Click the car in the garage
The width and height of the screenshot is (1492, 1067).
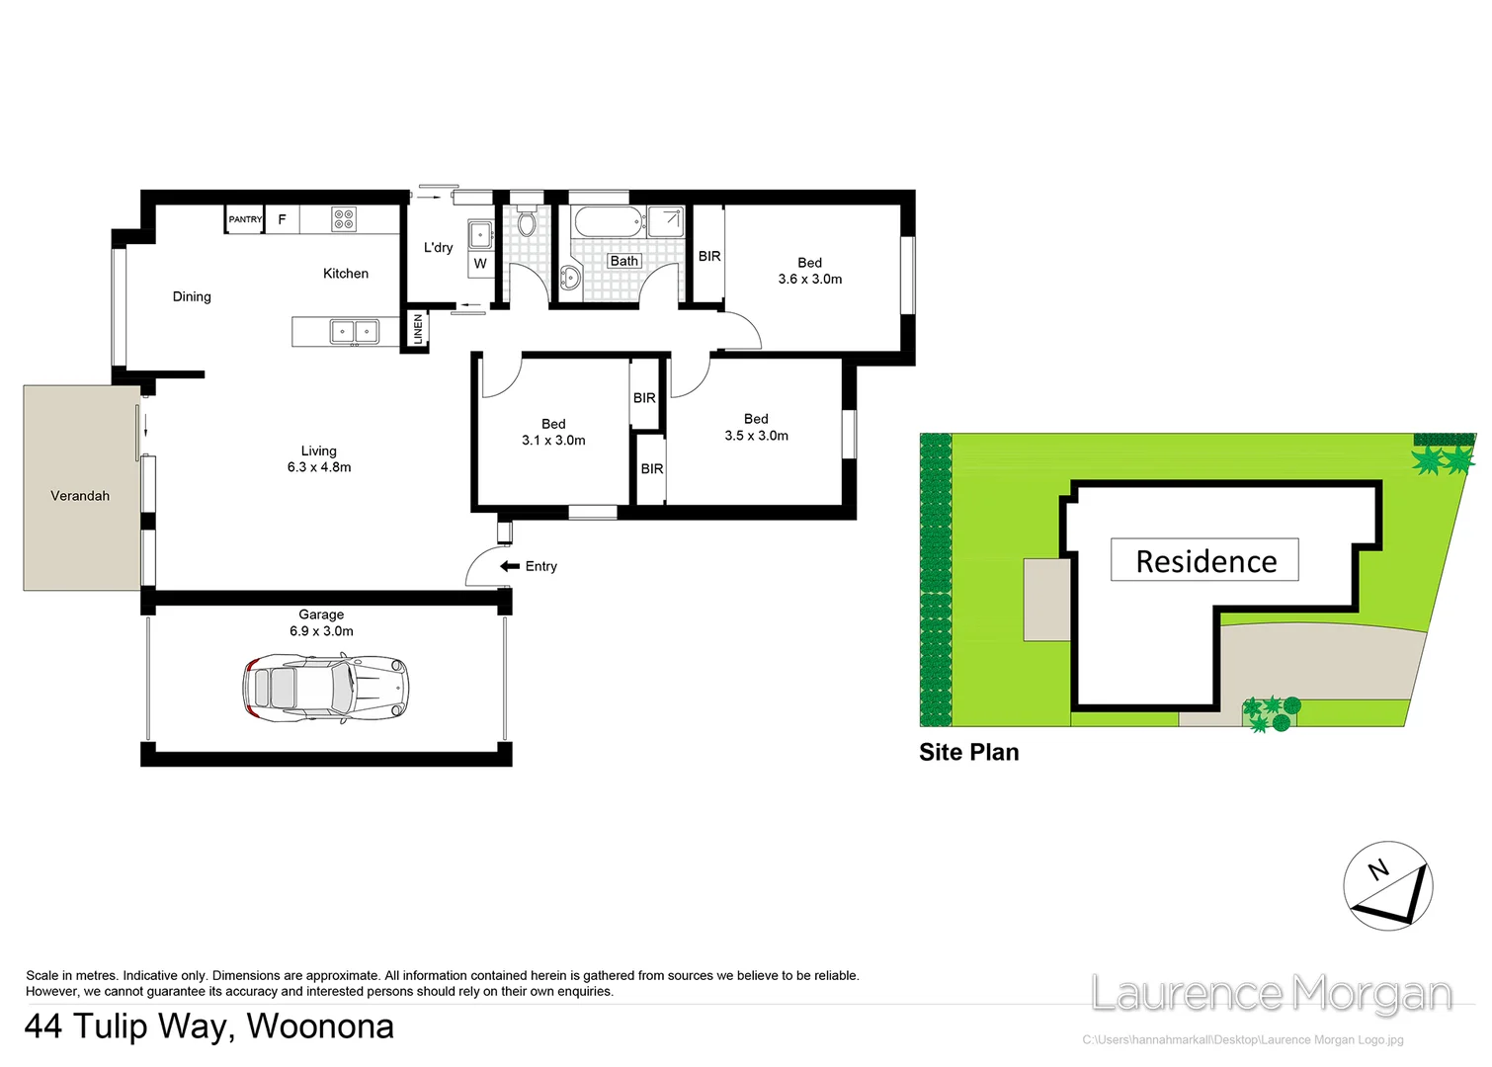326,687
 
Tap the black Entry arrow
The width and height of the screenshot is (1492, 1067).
510,566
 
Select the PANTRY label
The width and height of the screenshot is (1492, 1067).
245,219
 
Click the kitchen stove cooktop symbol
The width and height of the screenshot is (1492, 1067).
343,218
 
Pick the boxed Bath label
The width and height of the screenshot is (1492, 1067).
623,261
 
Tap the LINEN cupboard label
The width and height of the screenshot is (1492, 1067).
418,329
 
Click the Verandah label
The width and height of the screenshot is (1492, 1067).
80,496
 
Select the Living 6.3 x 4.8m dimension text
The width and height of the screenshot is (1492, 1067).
319,459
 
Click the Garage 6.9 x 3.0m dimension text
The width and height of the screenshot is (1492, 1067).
321,622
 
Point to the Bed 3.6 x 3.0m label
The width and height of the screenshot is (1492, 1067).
809,271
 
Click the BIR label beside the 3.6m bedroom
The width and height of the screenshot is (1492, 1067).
709,256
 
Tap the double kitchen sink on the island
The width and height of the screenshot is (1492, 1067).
354,331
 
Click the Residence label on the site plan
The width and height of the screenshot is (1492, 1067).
1204,561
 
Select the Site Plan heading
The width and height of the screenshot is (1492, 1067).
968,752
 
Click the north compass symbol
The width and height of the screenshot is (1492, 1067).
1387,886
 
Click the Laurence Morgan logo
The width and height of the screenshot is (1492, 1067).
1271,994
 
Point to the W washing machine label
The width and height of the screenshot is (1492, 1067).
480,264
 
